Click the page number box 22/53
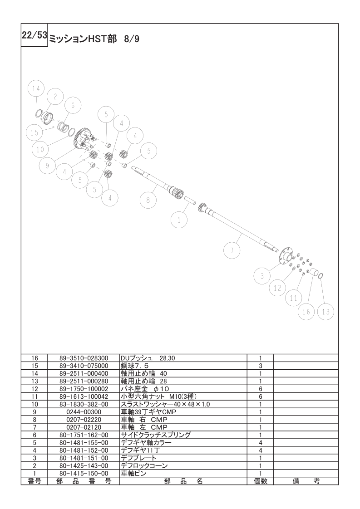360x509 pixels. point(35,35)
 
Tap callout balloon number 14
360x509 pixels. point(36,88)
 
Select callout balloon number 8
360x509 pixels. point(148,200)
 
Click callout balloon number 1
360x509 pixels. point(179,220)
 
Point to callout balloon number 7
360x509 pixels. point(232,250)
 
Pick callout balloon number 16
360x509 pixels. point(306,312)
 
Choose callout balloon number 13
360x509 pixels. point(326,312)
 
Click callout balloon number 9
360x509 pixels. point(47,166)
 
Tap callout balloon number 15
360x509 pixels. point(34,132)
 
